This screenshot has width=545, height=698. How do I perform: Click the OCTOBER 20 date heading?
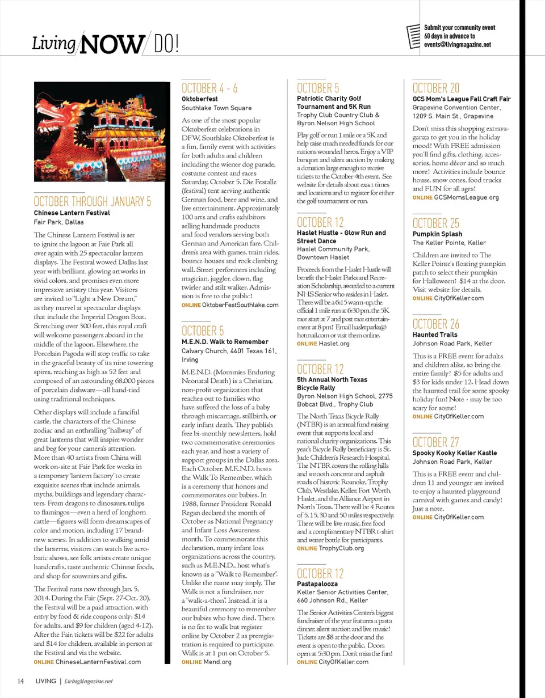click(x=436, y=88)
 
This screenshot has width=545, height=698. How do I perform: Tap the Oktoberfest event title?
click(x=196, y=99)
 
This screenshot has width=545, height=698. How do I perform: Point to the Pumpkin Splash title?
click(x=437, y=234)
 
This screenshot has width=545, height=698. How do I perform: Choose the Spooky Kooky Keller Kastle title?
click(x=454, y=453)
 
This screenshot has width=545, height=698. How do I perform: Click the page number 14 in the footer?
click(x=20, y=680)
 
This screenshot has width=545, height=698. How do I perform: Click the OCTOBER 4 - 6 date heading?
click(x=209, y=88)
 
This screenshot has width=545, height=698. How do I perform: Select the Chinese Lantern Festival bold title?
click(x=72, y=213)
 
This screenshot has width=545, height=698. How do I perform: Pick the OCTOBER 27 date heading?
click(x=436, y=442)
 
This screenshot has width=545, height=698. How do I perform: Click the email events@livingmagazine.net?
click(x=457, y=44)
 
